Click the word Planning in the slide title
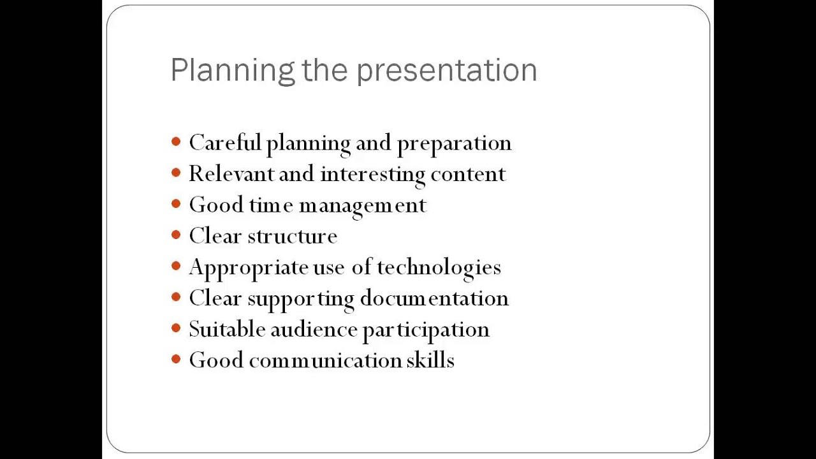coord(233,70)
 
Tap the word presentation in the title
coord(446,70)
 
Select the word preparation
coord(454,143)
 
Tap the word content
coord(468,174)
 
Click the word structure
coord(292,237)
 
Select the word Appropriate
coord(248,268)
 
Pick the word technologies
coord(439,268)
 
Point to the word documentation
coord(434,298)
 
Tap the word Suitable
coord(226,330)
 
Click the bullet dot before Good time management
coord(177,205)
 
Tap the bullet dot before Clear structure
coord(177,236)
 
